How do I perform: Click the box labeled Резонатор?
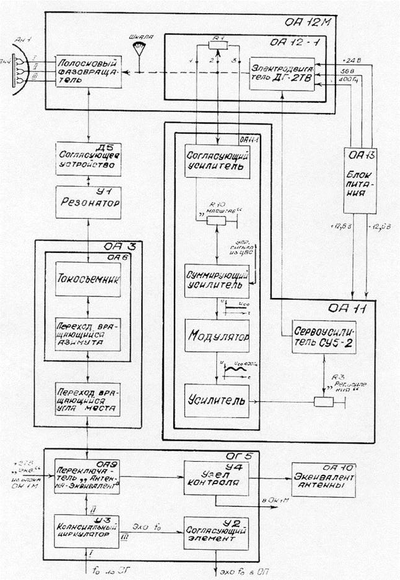pos(87,201)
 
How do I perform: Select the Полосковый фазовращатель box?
pos(87,73)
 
